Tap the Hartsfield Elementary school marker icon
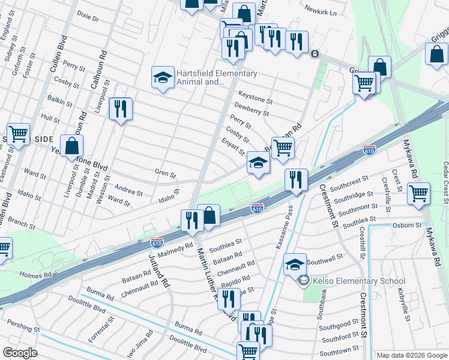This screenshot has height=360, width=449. click(163, 78)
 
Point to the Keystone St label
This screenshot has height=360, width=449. click(255, 95)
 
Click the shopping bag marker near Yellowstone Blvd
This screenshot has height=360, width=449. click(71, 146)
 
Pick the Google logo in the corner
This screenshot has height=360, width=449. click(20, 353)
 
